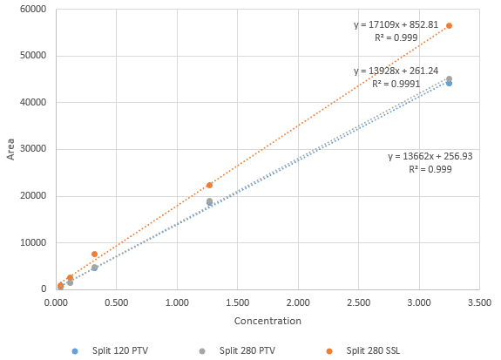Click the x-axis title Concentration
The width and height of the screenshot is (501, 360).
click(267, 321)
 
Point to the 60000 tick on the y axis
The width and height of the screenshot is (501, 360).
click(31, 10)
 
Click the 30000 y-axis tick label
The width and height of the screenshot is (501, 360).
click(31, 149)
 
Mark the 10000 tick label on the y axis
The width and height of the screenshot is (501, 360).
click(31, 242)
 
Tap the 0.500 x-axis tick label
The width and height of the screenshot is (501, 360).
click(117, 301)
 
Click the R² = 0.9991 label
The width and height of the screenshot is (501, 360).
click(396, 85)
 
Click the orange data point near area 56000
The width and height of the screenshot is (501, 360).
click(449, 26)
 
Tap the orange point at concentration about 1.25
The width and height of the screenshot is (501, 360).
click(209, 185)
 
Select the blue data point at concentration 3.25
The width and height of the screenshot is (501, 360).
click(449, 83)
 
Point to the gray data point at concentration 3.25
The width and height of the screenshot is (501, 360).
click(449, 78)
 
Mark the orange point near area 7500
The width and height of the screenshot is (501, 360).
click(94, 254)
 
